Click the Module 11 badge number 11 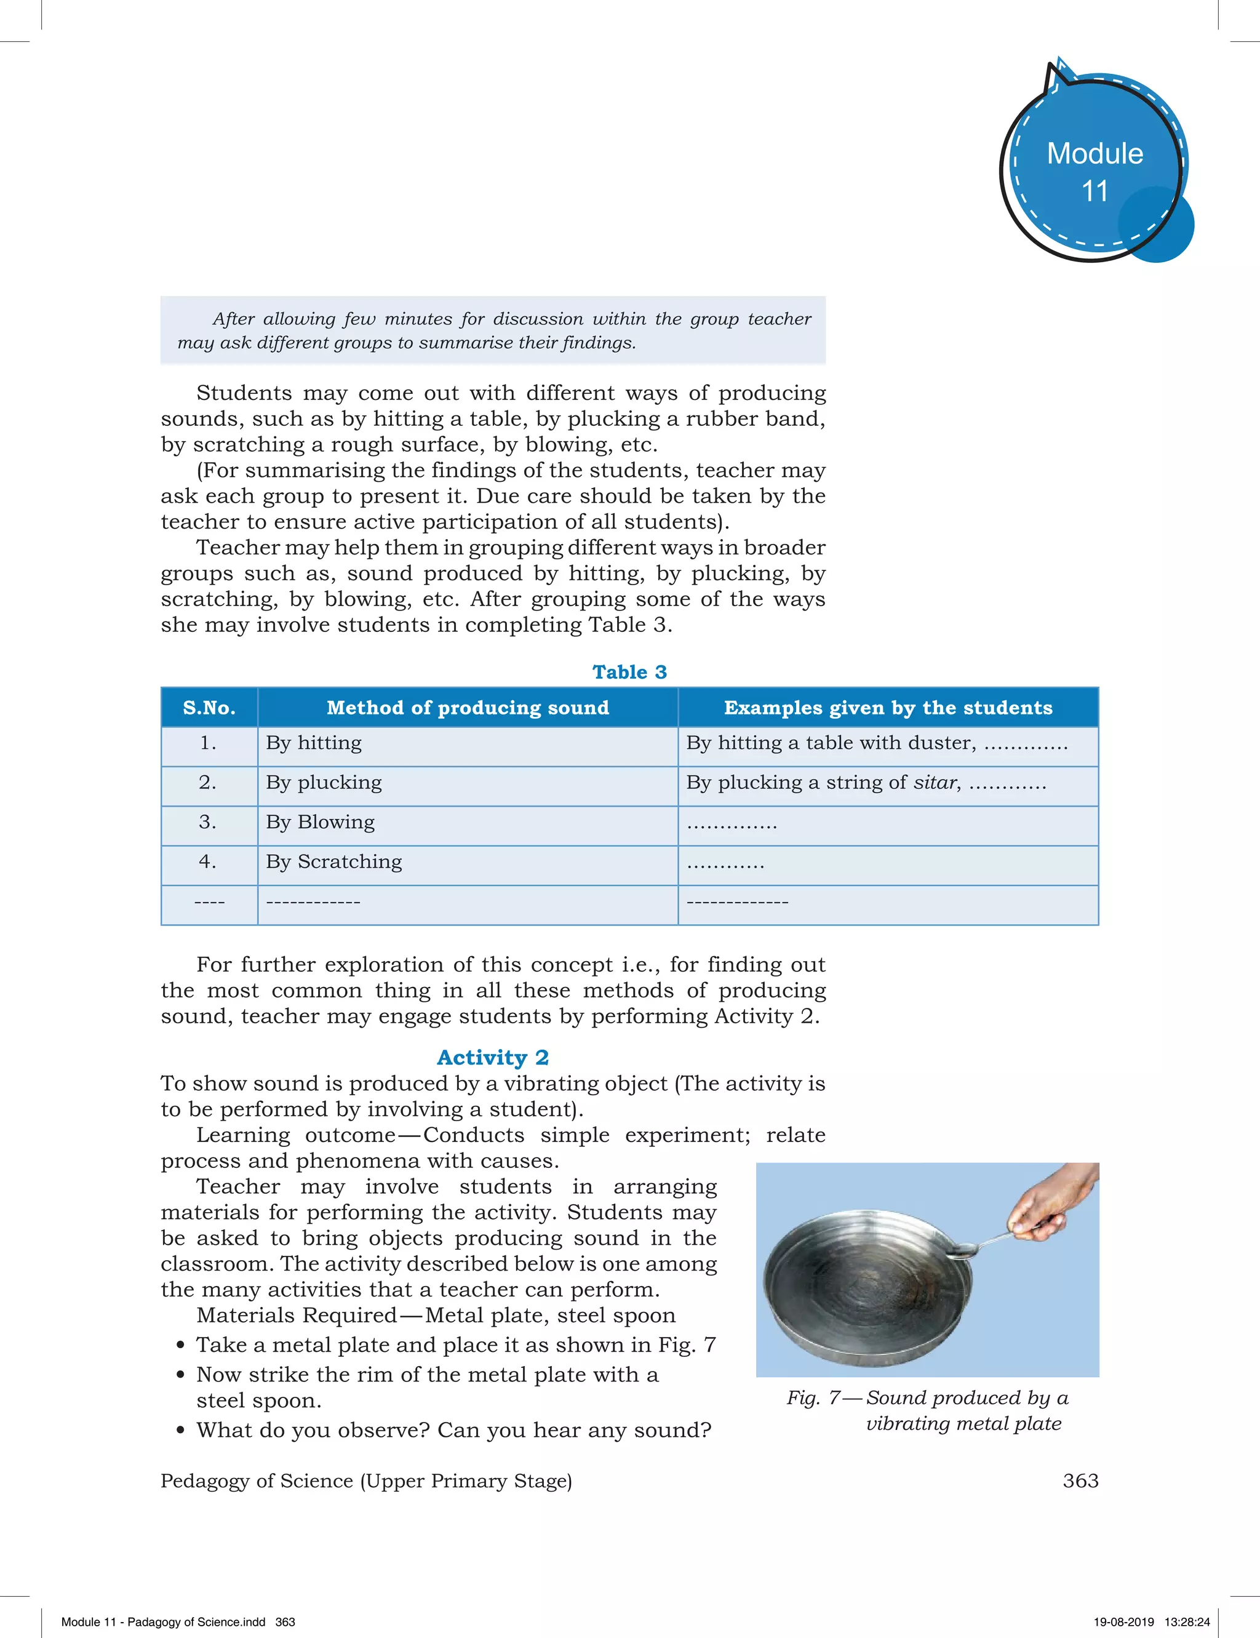tap(1095, 191)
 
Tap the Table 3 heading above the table tap(629, 672)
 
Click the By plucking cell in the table tap(324, 782)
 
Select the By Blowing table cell tap(321, 822)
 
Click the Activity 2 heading tap(493, 1058)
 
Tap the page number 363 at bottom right tap(1080, 1480)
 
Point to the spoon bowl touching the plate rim tap(963, 1250)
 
